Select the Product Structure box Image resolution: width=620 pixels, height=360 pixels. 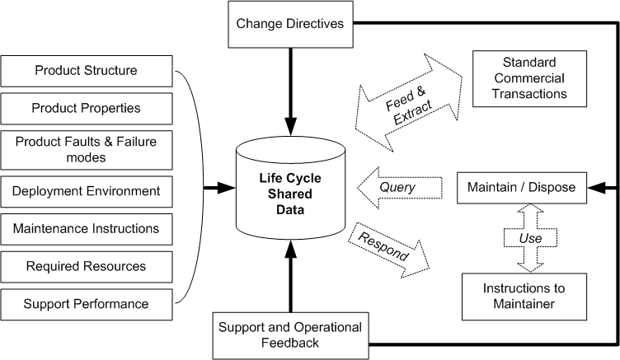(x=86, y=70)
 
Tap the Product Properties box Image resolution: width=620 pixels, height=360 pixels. (x=86, y=108)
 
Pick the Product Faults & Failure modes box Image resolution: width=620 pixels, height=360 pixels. (x=86, y=149)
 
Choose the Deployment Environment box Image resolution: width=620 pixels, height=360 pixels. (x=86, y=190)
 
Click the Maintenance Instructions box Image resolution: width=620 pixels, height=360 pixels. (x=86, y=228)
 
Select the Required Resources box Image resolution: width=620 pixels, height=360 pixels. (x=86, y=266)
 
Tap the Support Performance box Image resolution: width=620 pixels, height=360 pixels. (x=86, y=304)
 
